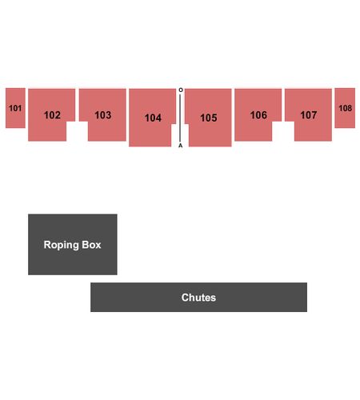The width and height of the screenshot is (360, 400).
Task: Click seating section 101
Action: (x=15, y=108)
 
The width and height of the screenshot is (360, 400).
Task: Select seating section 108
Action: (x=345, y=108)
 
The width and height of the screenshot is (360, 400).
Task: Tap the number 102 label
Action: (x=52, y=115)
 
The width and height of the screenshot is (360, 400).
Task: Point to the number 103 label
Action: (x=103, y=115)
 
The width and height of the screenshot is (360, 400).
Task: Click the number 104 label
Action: (x=153, y=118)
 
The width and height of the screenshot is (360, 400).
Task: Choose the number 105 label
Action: (x=209, y=118)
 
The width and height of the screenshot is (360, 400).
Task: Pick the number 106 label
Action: (x=258, y=115)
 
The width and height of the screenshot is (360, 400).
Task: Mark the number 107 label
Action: (x=309, y=115)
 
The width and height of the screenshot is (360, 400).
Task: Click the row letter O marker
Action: (x=181, y=90)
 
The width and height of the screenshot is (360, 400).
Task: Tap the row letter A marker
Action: (x=181, y=146)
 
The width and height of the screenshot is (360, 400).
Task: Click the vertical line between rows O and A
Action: (x=180, y=118)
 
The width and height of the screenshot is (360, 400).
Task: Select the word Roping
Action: (x=61, y=246)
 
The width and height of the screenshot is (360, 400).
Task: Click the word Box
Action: (x=91, y=245)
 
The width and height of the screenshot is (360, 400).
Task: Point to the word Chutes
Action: (x=198, y=298)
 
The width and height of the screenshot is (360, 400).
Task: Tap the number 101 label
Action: (x=15, y=108)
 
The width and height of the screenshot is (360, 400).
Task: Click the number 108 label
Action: (x=345, y=108)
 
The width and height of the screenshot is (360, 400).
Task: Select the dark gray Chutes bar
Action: (x=198, y=297)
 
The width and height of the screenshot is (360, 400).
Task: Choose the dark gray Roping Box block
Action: (x=73, y=244)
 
